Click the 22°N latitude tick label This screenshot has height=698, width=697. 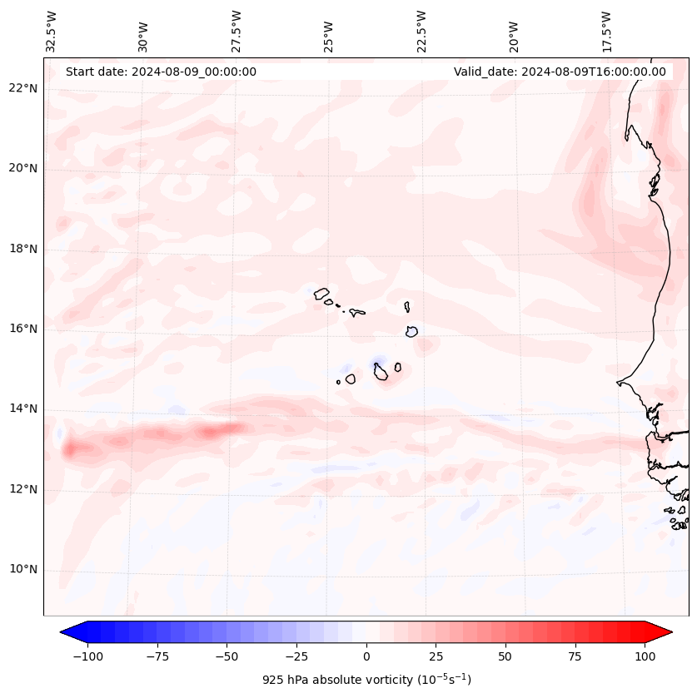coord(24,88)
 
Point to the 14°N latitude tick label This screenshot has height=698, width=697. coord(24,408)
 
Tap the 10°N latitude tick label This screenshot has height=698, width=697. coord(24,569)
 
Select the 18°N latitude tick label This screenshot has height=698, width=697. coord(24,249)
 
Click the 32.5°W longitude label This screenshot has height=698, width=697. coord(52,31)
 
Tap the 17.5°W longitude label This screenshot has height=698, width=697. coord(608,31)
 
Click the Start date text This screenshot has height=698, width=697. coord(161,72)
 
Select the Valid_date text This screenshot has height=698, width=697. coord(560,72)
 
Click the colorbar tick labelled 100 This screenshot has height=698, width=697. coord(644,656)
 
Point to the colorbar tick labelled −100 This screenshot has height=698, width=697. coord(87,656)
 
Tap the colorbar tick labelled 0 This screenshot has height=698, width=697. coord(366,656)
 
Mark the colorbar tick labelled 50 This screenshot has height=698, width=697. coord(505,656)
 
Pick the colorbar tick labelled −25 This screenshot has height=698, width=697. coord(296,656)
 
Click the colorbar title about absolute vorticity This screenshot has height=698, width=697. coord(366,680)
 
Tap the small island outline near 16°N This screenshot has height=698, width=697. coord(411,331)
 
